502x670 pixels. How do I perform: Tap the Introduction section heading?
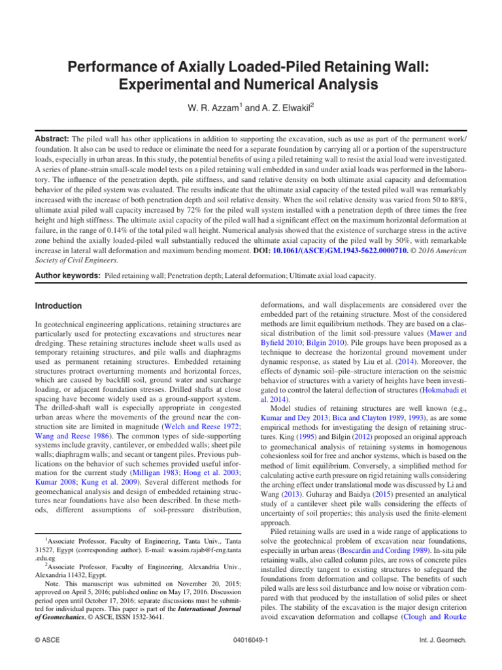pos(58,306)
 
